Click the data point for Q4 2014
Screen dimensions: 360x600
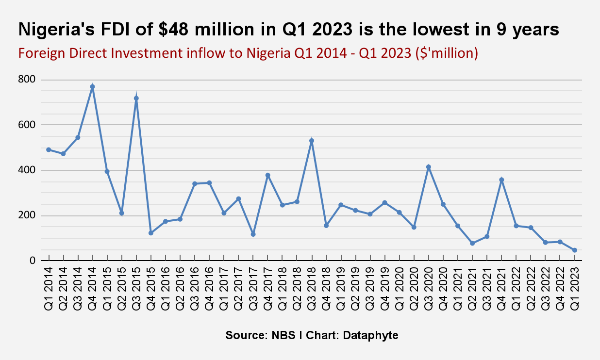92,87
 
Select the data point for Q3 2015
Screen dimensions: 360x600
136,98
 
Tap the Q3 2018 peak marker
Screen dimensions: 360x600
312,141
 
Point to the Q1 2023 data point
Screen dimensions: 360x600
575,250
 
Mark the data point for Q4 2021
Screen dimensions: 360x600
501,180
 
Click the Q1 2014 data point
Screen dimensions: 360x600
49,149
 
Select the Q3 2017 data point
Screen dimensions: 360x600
253,234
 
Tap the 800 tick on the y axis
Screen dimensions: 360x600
27,80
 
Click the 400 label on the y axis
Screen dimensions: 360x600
27,170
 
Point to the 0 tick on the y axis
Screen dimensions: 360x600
33,261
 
